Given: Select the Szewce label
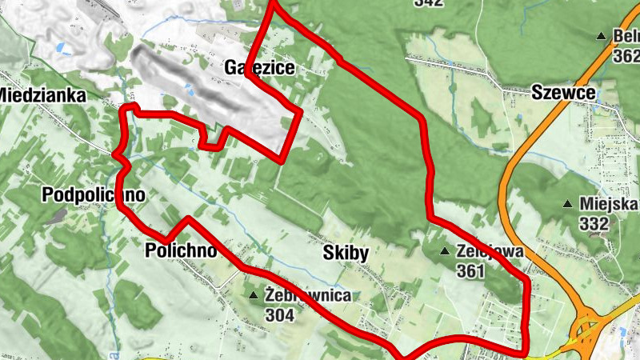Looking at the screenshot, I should pyautogui.click(x=563, y=93).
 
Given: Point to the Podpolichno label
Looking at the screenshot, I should pyautogui.click(x=94, y=195).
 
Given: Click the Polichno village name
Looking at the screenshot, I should pyautogui.click(x=181, y=250).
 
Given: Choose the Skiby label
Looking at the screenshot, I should pyautogui.click(x=346, y=254).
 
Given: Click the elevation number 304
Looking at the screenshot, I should pyautogui.click(x=280, y=315).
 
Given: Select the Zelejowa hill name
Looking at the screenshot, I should pyautogui.click(x=490, y=251).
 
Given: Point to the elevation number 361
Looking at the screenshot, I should pyautogui.click(x=473, y=272).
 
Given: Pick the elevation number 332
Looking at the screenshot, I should pyautogui.click(x=594, y=224).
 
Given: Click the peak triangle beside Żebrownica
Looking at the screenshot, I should pyautogui.click(x=254, y=296).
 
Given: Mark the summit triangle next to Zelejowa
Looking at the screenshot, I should pyautogui.click(x=446, y=252).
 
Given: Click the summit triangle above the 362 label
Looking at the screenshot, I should pyautogui.click(x=601, y=36).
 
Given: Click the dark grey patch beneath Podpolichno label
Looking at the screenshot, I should pyautogui.click(x=57, y=216).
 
